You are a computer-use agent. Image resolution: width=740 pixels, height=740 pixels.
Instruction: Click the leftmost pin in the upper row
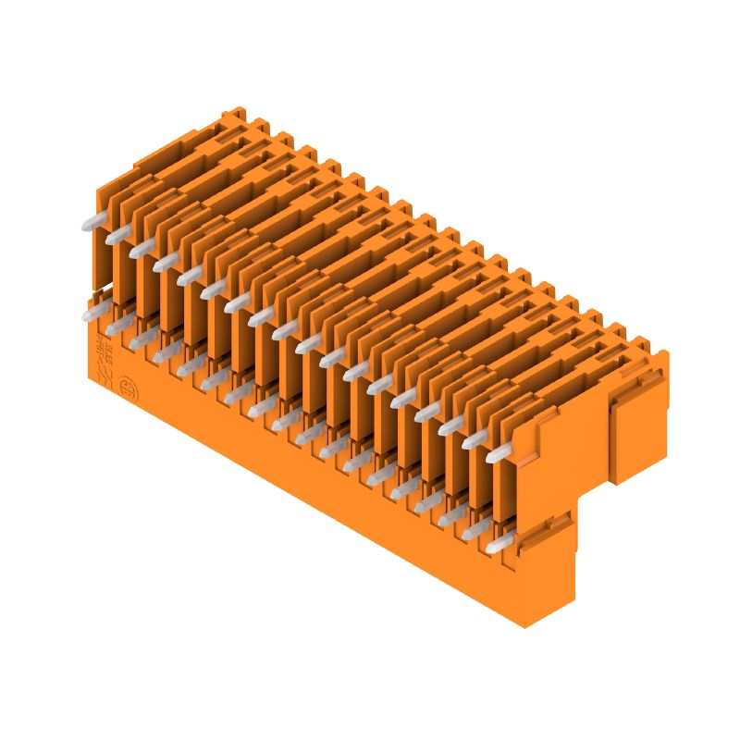tap(92, 221)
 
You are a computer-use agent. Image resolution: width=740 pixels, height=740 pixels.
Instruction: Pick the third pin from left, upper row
tap(142, 249)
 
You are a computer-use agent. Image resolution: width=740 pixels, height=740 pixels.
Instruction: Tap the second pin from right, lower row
tap(475, 532)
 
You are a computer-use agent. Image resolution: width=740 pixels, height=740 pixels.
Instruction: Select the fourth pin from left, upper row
tap(166, 263)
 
